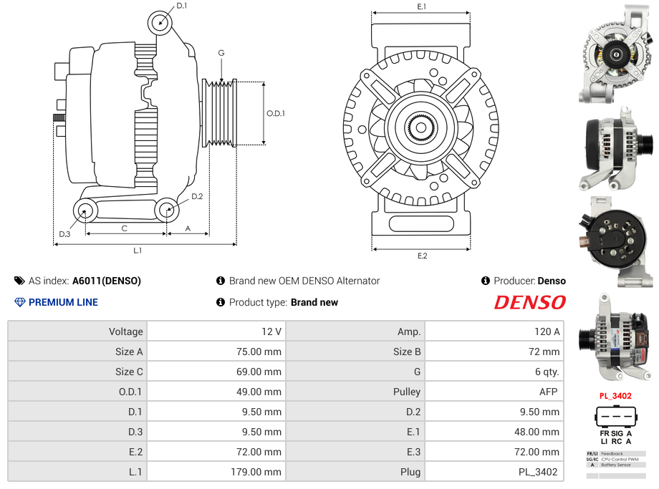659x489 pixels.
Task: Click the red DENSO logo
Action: pyautogui.click(x=529, y=302)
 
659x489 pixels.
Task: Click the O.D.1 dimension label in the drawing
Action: pyautogui.click(x=276, y=113)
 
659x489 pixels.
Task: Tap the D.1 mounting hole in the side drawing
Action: pyautogui.click(x=160, y=23)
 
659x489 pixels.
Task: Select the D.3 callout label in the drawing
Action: pyautogui.click(x=64, y=234)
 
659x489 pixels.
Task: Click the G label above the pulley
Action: pyautogui.click(x=221, y=53)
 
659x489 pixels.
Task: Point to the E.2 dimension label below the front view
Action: pyautogui.click(x=421, y=256)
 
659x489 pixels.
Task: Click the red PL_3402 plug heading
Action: pyautogui.click(x=615, y=396)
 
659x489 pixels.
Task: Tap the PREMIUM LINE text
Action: pyautogui.click(x=63, y=302)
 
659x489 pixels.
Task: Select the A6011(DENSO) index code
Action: pyautogui.click(x=107, y=281)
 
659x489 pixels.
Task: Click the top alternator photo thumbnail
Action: pyautogui.click(x=617, y=54)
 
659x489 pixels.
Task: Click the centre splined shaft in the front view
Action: pyautogui.click(x=421, y=128)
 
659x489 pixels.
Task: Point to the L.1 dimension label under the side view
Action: pyautogui.click(x=138, y=251)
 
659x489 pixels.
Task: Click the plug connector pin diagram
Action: pyautogui.click(x=615, y=417)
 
